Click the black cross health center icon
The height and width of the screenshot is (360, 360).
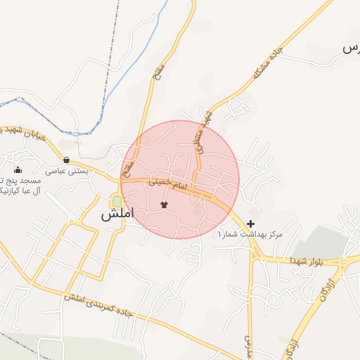click(251, 223)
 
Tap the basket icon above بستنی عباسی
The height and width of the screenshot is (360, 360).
click(66, 160)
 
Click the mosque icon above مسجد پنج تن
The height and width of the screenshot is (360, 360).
click(18, 169)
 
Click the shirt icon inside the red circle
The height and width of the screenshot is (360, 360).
click(165, 205)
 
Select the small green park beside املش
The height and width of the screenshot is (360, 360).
click(116, 201)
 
